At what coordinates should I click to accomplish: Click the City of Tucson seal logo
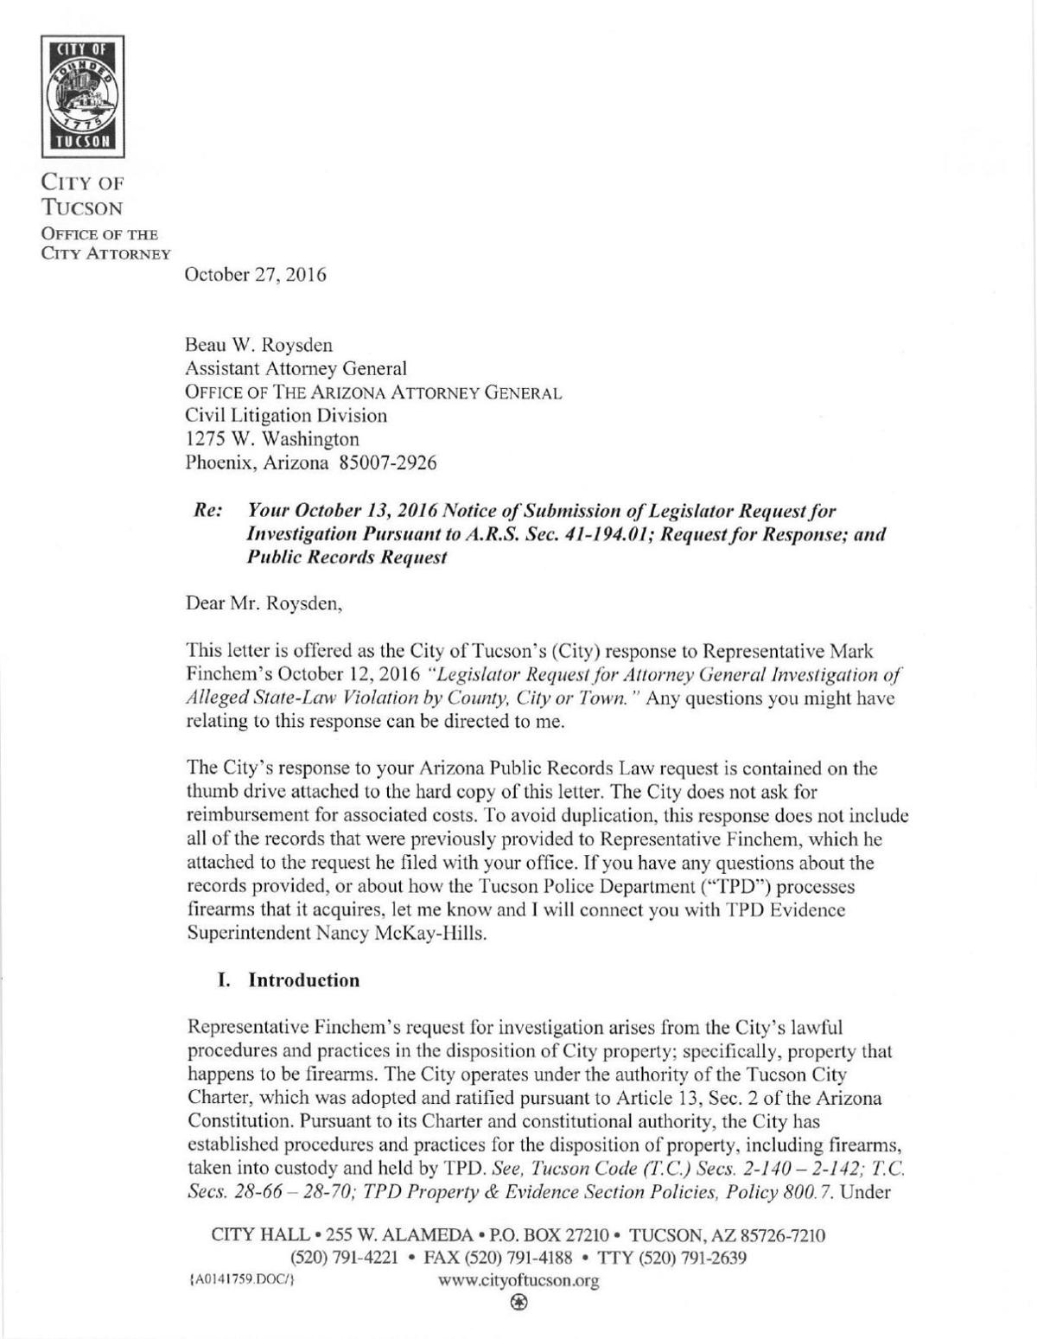pos(83,97)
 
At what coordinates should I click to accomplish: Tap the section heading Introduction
pos(303,980)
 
